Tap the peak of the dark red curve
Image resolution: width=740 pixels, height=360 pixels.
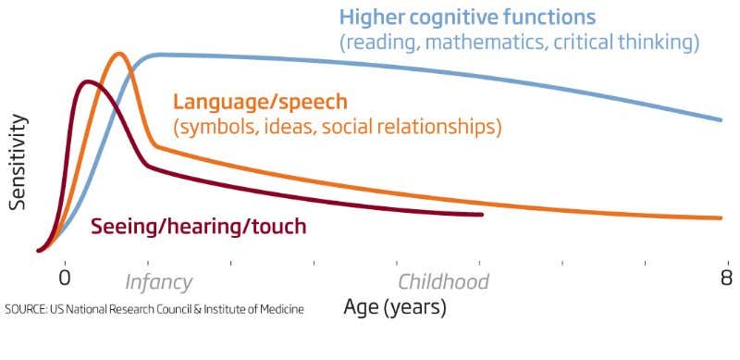(x=87, y=82)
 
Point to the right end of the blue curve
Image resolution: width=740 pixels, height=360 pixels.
(x=721, y=119)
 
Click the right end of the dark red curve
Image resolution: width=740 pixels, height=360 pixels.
(x=482, y=215)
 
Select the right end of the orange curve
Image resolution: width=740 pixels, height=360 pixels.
(x=720, y=218)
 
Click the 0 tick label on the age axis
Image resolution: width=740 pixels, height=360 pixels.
(x=64, y=279)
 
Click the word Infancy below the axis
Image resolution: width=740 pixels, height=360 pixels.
(x=158, y=282)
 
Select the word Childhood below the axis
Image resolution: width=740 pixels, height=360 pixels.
(x=442, y=282)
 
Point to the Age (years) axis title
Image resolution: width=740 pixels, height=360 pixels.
(x=395, y=307)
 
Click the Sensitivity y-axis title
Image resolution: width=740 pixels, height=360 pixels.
(x=17, y=163)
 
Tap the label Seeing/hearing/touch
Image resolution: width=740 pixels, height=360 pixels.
(x=198, y=227)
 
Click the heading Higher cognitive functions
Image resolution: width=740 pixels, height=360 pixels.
(x=467, y=17)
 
